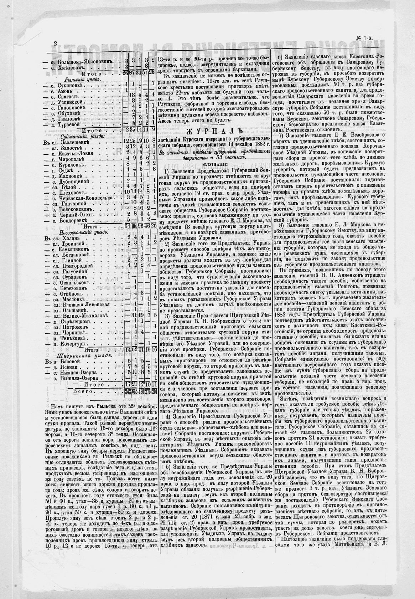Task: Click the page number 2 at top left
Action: pyautogui.click(x=56, y=43)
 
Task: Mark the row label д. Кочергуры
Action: pyautogui.click(x=71, y=344)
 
